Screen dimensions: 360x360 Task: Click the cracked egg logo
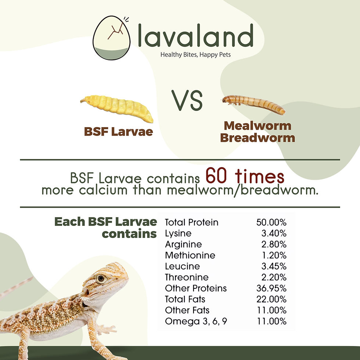(x=111, y=38)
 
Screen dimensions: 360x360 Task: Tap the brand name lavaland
(x=196, y=35)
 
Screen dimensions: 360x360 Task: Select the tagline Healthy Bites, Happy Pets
(x=195, y=55)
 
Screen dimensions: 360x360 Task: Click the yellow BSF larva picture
(x=117, y=108)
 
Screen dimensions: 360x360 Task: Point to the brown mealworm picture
(x=254, y=104)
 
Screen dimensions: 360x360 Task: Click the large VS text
(x=187, y=100)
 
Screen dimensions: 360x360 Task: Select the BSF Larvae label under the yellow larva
(x=118, y=132)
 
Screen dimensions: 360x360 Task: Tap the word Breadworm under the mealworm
(x=258, y=138)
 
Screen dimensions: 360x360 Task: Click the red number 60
(x=216, y=176)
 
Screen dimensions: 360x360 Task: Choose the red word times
(x=260, y=176)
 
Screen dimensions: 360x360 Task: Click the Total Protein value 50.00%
(x=271, y=222)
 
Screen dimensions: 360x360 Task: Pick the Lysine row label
(x=178, y=234)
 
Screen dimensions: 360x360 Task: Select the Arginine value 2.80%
(x=274, y=244)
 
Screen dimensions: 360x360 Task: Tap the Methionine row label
(x=190, y=255)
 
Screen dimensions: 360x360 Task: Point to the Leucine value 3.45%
(x=274, y=266)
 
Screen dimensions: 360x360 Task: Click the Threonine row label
(x=187, y=277)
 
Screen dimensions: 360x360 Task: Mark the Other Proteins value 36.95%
(x=271, y=288)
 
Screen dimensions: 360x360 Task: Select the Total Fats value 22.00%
(x=271, y=299)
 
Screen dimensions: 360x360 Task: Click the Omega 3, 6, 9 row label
(x=196, y=321)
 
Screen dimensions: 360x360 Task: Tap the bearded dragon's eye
(x=101, y=279)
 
